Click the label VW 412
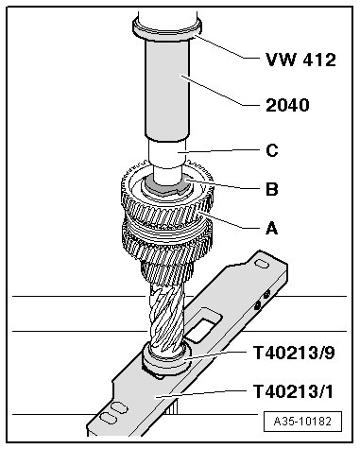pyautogui.click(x=300, y=60)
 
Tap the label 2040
pyautogui.click(x=287, y=105)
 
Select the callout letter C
pyautogui.click(x=272, y=150)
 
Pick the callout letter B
pyautogui.click(x=272, y=189)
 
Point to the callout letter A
pyautogui.click(x=272, y=228)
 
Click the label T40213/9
pyautogui.click(x=294, y=353)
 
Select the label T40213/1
pyautogui.click(x=293, y=391)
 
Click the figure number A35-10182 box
pyautogui.click(x=302, y=422)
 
